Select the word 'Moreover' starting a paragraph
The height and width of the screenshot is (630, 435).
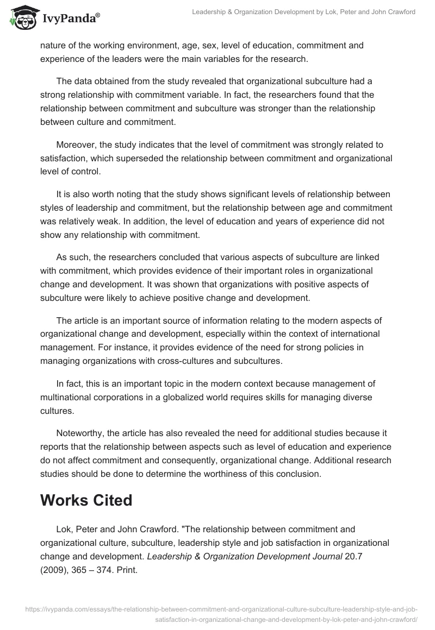[x=75, y=145]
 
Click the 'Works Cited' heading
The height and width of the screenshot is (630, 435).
[x=86, y=500]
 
